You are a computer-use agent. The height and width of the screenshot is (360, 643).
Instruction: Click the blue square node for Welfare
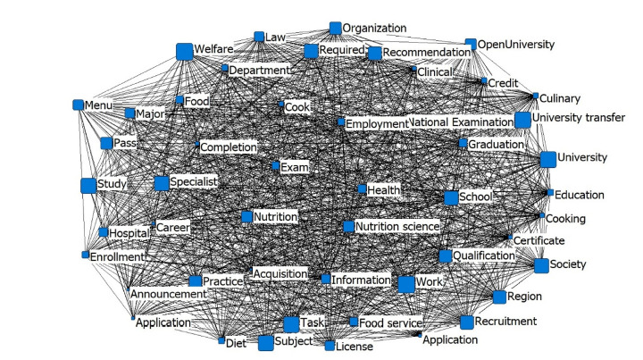(x=185, y=51)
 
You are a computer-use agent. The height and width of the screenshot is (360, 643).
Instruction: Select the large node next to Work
(x=406, y=284)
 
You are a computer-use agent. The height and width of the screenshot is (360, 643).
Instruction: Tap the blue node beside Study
(x=88, y=186)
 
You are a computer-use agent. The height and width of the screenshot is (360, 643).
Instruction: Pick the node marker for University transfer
(x=522, y=121)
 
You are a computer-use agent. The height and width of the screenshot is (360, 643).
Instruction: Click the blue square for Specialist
(x=162, y=183)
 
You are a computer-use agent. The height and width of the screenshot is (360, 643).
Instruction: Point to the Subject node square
(x=265, y=343)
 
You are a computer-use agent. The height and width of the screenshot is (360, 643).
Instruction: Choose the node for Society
(x=540, y=265)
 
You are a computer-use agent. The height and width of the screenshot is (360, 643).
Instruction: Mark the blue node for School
(x=451, y=197)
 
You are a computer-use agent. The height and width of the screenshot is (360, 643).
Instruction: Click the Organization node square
(x=335, y=29)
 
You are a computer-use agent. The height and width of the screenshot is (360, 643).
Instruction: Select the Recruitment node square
(x=466, y=321)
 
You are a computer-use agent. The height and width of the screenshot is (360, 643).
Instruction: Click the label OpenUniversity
(x=516, y=44)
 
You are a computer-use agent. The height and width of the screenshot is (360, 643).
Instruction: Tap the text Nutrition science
(x=397, y=227)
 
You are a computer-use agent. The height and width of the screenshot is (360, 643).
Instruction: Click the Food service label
(x=389, y=321)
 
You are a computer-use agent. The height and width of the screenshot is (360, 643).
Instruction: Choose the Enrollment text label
(x=118, y=257)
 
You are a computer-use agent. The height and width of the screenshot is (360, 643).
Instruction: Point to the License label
(x=355, y=347)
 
